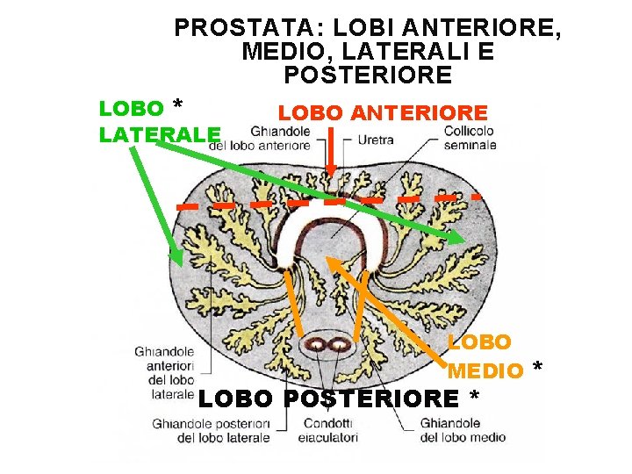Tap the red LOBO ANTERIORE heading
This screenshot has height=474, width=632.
(382, 113)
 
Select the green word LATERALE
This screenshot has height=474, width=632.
(160, 134)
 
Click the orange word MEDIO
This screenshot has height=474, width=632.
(485, 371)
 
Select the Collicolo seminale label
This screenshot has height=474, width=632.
(469, 139)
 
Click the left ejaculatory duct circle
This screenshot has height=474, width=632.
(317, 346)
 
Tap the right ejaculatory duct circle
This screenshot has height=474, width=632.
(337, 346)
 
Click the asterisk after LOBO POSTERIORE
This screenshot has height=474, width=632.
(474, 398)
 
